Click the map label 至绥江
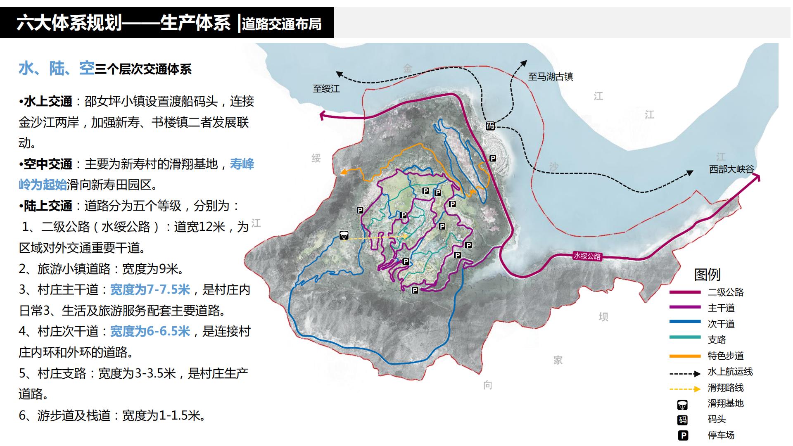tap(326, 88)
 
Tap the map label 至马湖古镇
tap(550, 76)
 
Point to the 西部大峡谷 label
tap(731, 169)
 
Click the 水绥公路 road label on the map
tap(587, 256)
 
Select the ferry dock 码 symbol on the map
tap(490, 126)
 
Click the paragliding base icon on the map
tap(344, 235)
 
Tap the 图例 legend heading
tap(707, 274)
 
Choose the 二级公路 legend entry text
tap(725, 292)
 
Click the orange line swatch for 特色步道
tap(685, 356)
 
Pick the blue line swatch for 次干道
tap(685, 322)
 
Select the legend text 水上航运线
tap(730, 372)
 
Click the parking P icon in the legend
tap(683, 435)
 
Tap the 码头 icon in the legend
tap(683, 420)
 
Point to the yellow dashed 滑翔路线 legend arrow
tap(685, 389)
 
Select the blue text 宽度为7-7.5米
tap(150, 290)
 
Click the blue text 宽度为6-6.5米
tap(150, 331)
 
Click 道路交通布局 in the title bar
tap(282, 24)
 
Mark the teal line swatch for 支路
tap(685, 337)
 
